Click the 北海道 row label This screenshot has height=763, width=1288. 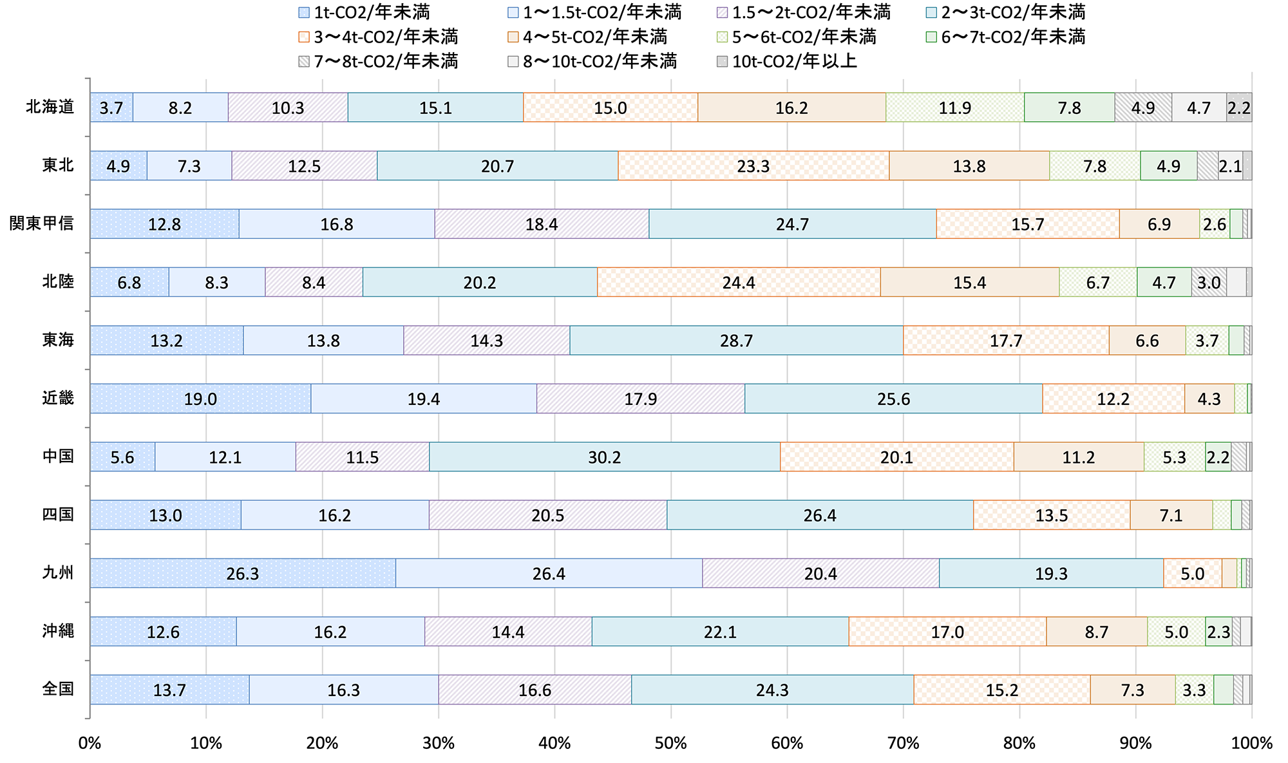click(50, 107)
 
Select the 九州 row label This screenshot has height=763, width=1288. click(58, 572)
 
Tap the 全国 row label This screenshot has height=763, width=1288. click(58, 689)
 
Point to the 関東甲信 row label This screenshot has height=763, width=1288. click(42, 223)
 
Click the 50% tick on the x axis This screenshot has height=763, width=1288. click(670, 744)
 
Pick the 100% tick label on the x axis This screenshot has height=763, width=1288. click(1251, 744)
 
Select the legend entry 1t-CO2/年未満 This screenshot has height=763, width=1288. click(365, 12)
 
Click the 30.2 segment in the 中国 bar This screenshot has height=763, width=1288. click(604, 457)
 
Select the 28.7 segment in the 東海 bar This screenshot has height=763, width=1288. click(736, 340)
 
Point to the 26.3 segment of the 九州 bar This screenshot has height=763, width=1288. click(242, 573)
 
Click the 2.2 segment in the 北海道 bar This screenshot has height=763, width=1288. click(1239, 108)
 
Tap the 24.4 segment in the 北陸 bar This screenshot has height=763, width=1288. click(739, 282)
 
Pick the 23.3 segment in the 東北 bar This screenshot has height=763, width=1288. click(753, 166)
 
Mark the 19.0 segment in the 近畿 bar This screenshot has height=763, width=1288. click(200, 399)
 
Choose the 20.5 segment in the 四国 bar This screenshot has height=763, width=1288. click(548, 515)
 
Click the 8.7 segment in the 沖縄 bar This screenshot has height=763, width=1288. click(1096, 632)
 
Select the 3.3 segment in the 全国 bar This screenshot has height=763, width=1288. click(1194, 690)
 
